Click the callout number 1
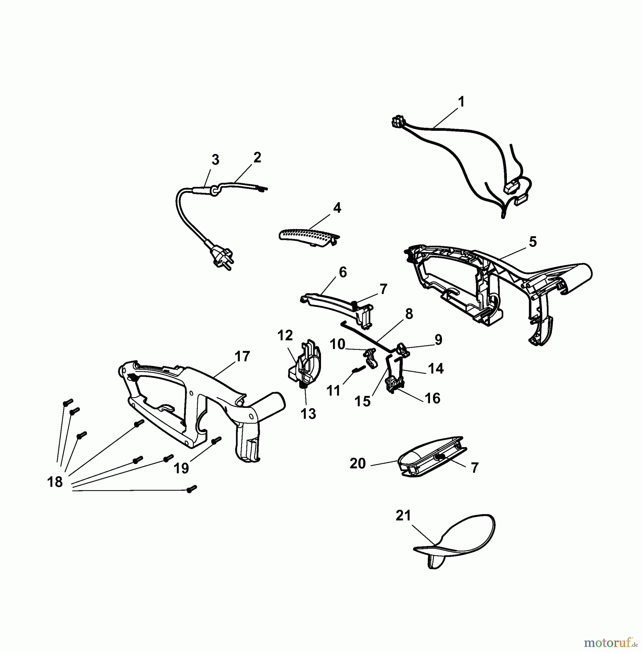click(461, 102)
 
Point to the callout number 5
click(533, 242)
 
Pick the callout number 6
click(342, 272)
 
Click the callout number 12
click(285, 336)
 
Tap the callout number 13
click(308, 414)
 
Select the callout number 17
click(242, 356)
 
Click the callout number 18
click(55, 482)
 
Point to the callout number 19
click(181, 468)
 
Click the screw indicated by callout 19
click(216, 440)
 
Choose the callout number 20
click(358, 464)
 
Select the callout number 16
click(432, 398)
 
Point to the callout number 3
click(216, 160)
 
